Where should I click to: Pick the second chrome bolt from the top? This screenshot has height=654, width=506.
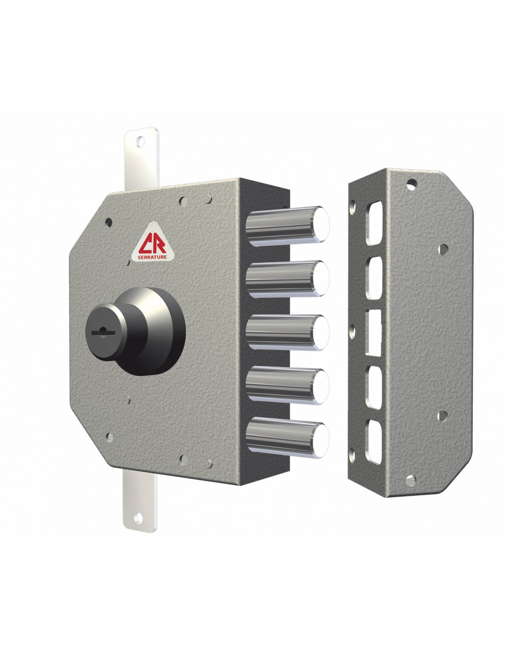287,279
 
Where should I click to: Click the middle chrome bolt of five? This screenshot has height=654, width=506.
287,332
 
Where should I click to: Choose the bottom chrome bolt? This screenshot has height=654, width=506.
287,437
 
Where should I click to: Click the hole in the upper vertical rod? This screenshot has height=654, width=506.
140,141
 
